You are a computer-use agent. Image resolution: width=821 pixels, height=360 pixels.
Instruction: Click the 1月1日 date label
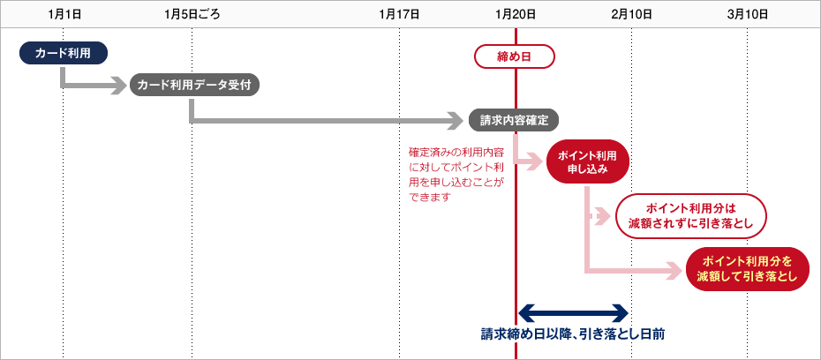[x=64, y=14]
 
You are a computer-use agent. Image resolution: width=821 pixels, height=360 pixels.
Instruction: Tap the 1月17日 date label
[x=399, y=14]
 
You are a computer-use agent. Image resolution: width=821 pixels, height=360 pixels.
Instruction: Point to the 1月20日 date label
[x=516, y=14]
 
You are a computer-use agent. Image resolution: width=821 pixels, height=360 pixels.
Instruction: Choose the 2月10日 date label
[x=631, y=14]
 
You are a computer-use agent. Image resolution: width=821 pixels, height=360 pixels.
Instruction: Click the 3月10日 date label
[x=748, y=14]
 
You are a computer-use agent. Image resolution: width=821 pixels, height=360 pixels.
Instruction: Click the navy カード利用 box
[x=64, y=54]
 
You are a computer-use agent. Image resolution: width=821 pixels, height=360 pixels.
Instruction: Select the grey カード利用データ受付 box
[x=194, y=85]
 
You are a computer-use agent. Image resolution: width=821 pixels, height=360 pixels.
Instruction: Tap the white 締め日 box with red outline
[x=515, y=57]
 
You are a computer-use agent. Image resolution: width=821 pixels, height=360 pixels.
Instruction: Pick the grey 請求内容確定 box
[x=514, y=120]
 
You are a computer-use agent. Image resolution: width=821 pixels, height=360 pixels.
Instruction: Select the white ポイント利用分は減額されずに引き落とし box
[x=690, y=216]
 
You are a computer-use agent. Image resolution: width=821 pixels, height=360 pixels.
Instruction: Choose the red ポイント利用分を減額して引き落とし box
[x=748, y=269]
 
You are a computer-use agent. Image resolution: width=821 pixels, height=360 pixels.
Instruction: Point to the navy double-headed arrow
[x=573, y=312]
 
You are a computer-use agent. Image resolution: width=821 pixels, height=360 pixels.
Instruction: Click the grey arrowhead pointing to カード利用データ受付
[x=120, y=86]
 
